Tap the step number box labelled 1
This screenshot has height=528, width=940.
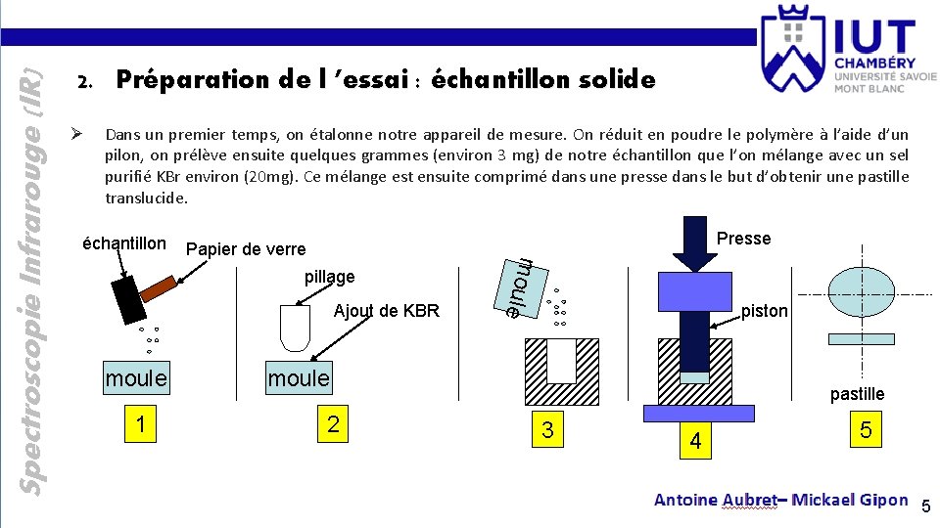point(142,423)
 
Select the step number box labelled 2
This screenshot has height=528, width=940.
point(333,423)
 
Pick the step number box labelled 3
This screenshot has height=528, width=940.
point(547,429)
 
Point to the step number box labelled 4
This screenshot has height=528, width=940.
point(695,440)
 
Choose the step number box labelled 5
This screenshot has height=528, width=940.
point(866,429)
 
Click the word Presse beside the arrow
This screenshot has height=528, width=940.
point(743,239)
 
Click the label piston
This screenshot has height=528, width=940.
point(764,311)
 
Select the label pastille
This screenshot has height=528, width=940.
point(857,394)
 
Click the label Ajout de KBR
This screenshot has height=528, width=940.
point(387,311)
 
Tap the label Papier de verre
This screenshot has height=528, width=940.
point(245,249)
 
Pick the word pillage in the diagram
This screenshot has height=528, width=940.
point(329,277)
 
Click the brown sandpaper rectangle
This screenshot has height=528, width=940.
point(159,286)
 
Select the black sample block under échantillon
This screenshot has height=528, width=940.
point(129,298)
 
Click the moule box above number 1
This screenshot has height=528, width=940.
point(136,377)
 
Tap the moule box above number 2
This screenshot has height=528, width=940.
point(299,377)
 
